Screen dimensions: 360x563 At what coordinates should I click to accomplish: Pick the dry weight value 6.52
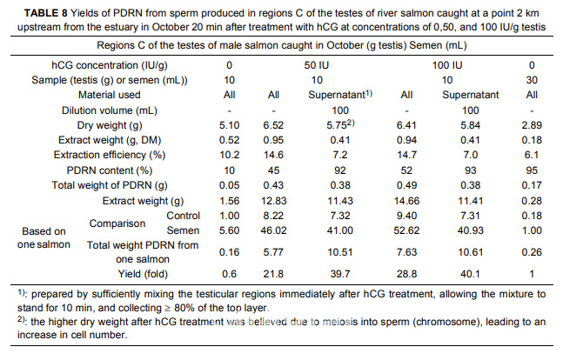tap(274, 124)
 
